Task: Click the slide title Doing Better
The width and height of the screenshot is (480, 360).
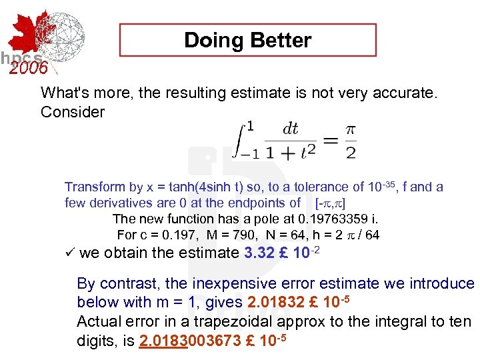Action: tap(247, 40)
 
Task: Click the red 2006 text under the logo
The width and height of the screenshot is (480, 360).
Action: tap(28, 68)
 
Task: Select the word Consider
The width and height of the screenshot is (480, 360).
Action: tap(72, 112)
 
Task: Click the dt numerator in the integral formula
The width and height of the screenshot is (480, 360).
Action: tap(290, 129)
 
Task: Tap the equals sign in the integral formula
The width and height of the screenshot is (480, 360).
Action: tap(329, 141)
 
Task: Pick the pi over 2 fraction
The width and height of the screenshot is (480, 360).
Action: tap(349, 141)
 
